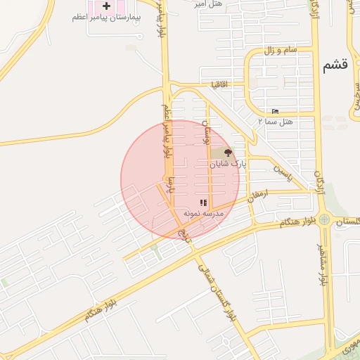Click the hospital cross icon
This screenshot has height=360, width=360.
point(106,6)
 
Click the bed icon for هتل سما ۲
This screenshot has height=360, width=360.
point(275,111)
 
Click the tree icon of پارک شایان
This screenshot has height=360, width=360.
point(227,152)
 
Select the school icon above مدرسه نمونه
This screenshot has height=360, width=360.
point(203,202)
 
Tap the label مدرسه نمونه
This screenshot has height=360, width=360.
point(203,212)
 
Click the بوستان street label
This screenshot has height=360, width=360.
point(207,131)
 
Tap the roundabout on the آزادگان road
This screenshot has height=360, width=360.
point(323,219)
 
